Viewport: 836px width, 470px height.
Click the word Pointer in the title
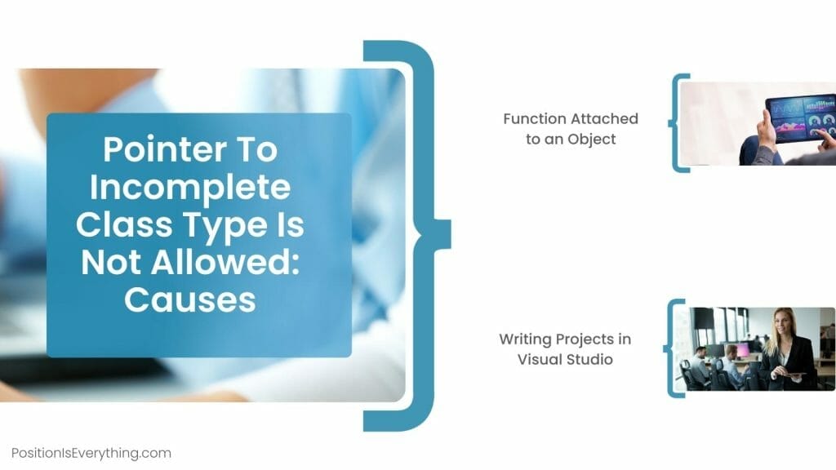[x=149, y=150]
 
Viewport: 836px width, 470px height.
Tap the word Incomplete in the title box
[x=189, y=188]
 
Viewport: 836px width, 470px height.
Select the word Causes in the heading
[x=189, y=300]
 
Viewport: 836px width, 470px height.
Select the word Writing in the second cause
[x=526, y=339]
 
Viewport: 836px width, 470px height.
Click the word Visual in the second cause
[x=539, y=359]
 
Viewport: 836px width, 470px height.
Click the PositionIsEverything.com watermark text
[x=91, y=453]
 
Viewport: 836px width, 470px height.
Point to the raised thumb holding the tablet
[x=766, y=122]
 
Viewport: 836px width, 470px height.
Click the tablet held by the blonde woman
[x=788, y=375]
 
